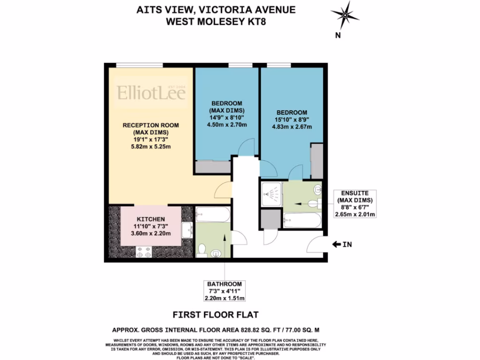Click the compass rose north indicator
(345, 15)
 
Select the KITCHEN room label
(150, 219)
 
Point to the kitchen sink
(188, 229)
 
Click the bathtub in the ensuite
(302, 220)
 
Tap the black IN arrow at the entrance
(337, 244)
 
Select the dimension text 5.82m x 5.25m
(150, 146)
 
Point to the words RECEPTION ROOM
(150, 125)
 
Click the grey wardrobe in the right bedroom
(317, 162)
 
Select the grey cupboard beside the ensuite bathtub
(270, 219)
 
